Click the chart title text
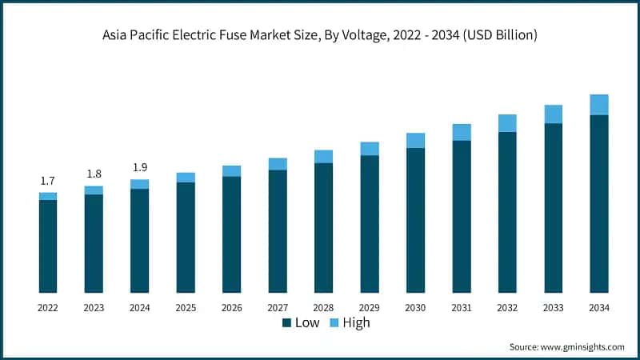[320, 35]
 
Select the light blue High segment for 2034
[599, 105]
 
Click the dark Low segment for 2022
[48, 246]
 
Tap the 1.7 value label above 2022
[48, 182]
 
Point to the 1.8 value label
[94, 174]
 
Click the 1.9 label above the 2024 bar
[139, 167]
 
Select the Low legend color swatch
[286, 323]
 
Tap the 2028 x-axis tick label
[323, 308]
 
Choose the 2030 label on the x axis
[415, 308]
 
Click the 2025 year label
[186, 308]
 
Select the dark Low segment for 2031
[462, 216]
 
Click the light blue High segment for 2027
[278, 164]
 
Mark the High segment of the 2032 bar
[507, 123]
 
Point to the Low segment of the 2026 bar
[231, 234]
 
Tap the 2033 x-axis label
[554, 308]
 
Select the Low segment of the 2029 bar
[370, 223]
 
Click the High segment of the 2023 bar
[94, 190]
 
